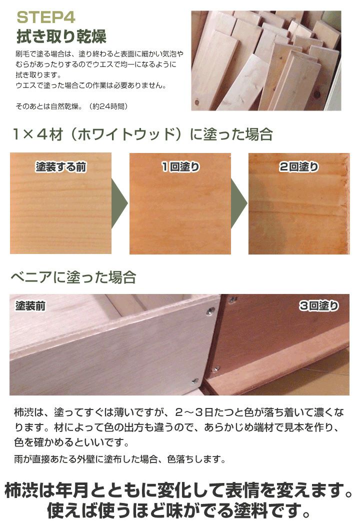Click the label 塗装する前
pyautogui.click(x=60, y=167)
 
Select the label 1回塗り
pyautogui.click(x=180, y=167)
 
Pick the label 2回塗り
pyautogui.click(x=298, y=167)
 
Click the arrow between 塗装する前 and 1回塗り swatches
pyautogui.click(x=119, y=203)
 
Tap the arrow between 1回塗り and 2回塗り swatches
pyautogui.click(x=239, y=203)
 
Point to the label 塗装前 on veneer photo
pyautogui.click(x=31, y=305)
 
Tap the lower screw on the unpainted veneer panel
pyautogui.click(x=194, y=380)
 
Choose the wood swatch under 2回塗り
pyautogui.click(x=298, y=210)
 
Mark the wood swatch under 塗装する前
pyautogui.click(x=60, y=210)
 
